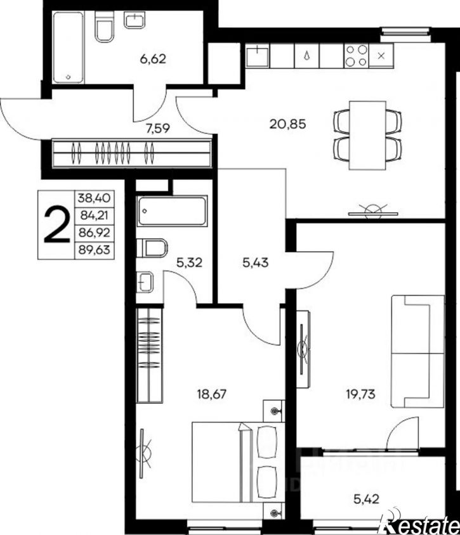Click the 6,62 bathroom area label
coord(153,59)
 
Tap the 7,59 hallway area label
coord(158,129)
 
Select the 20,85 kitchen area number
coord(287,124)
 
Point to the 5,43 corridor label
coord(256,262)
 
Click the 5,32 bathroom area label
coord(190,262)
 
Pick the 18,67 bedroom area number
coord(212,394)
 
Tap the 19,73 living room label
coord(360,394)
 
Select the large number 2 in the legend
coord(56,225)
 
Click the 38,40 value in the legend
coord(95,198)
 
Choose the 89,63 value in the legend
coord(95,250)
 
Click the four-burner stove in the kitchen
coord(357,56)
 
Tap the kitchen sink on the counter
coord(258,56)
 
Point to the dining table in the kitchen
coord(367,135)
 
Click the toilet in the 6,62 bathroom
coord(104,27)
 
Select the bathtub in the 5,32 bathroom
coord(172,211)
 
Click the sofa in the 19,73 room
coord(418,351)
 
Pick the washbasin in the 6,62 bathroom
coord(135,20)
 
